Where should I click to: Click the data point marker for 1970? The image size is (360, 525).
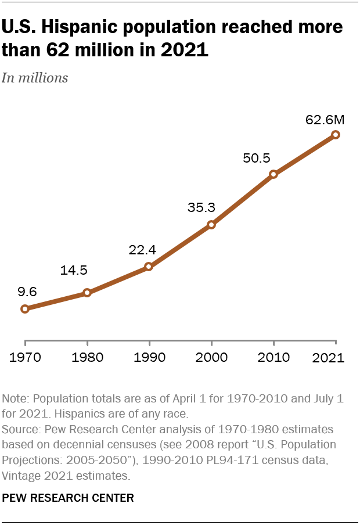point(24,309)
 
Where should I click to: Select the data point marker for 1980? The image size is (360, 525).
point(87,293)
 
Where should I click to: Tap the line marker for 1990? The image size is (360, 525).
point(149,267)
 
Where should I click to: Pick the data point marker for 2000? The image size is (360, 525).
point(211,224)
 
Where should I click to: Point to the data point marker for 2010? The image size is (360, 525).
point(273,174)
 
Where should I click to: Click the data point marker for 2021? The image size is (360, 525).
point(336,135)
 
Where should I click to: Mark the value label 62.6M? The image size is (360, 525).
point(325,120)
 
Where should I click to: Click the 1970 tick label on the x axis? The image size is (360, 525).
point(24,357)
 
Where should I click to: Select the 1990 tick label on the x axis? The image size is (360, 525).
point(149,357)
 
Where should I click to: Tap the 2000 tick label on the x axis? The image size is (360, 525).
point(211,357)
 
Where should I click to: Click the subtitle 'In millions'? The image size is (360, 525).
point(35,78)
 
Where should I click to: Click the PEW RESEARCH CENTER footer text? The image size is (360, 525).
point(68,498)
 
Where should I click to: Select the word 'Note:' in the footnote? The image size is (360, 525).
point(17,399)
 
